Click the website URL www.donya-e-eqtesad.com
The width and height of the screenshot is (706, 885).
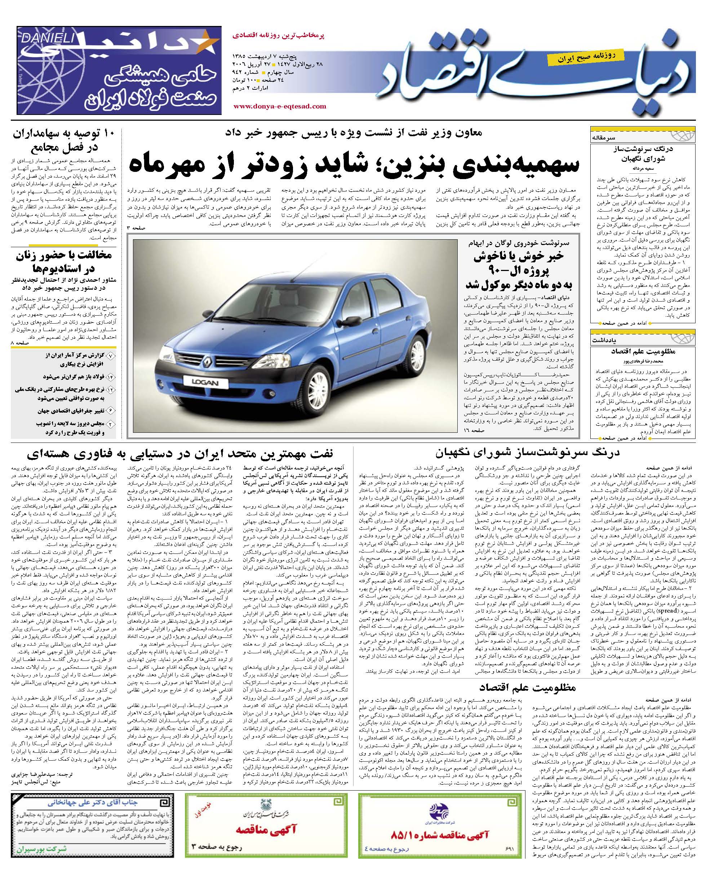(280, 106)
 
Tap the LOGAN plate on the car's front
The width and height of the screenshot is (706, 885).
(204, 383)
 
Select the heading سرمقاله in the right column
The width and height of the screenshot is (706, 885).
(603, 138)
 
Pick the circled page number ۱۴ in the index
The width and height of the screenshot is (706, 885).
(111, 377)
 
